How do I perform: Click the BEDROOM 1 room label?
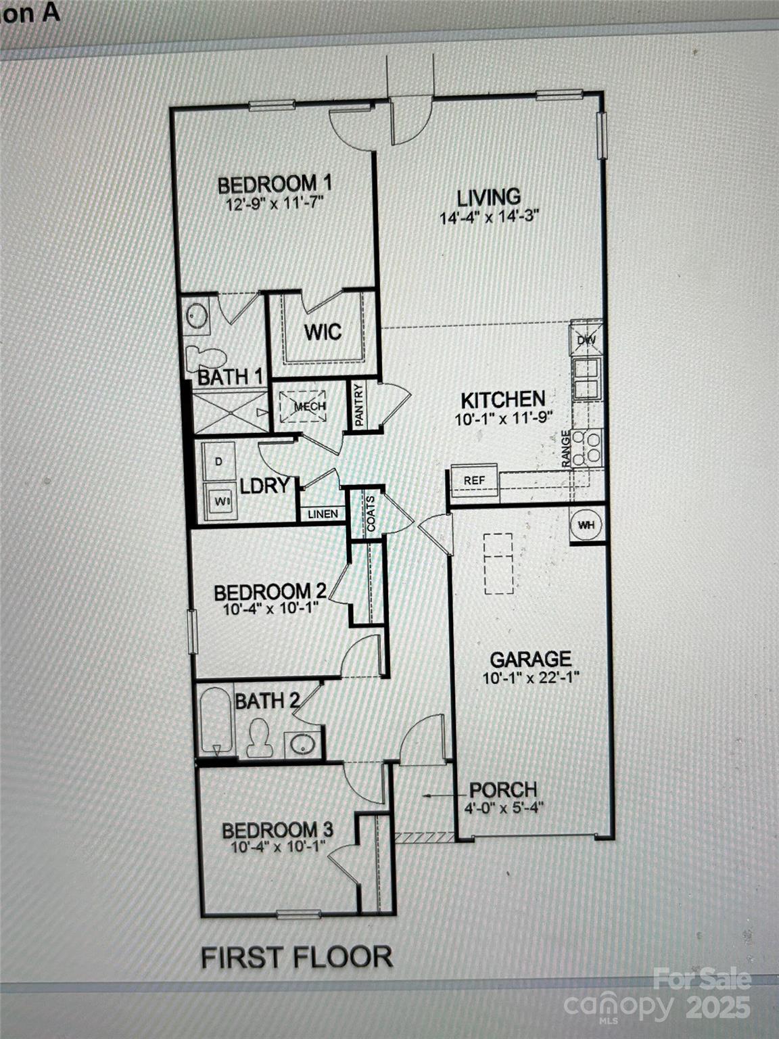[x=274, y=183]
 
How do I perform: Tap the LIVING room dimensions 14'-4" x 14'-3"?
[x=489, y=217]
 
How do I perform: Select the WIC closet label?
[x=322, y=332]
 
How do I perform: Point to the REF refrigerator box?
[x=474, y=480]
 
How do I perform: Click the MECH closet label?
[x=310, y=406]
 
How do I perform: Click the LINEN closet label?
[x=323, y=514]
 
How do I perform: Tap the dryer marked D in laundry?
[x=218, y=462]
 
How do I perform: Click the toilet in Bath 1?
[x=205, y=356]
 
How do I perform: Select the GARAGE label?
[x=530, y=659]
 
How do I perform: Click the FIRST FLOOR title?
[x=297, y=957]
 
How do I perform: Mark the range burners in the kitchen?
[x=587, y=447]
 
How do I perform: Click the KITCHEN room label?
[x=502, y=399]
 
